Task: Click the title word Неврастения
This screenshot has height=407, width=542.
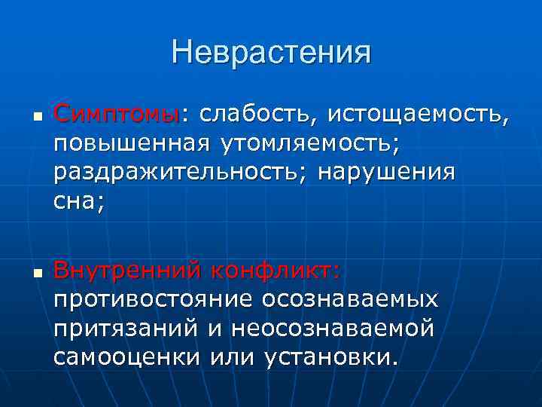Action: pos(271,53)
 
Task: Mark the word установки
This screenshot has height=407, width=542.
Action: pos(329,357)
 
